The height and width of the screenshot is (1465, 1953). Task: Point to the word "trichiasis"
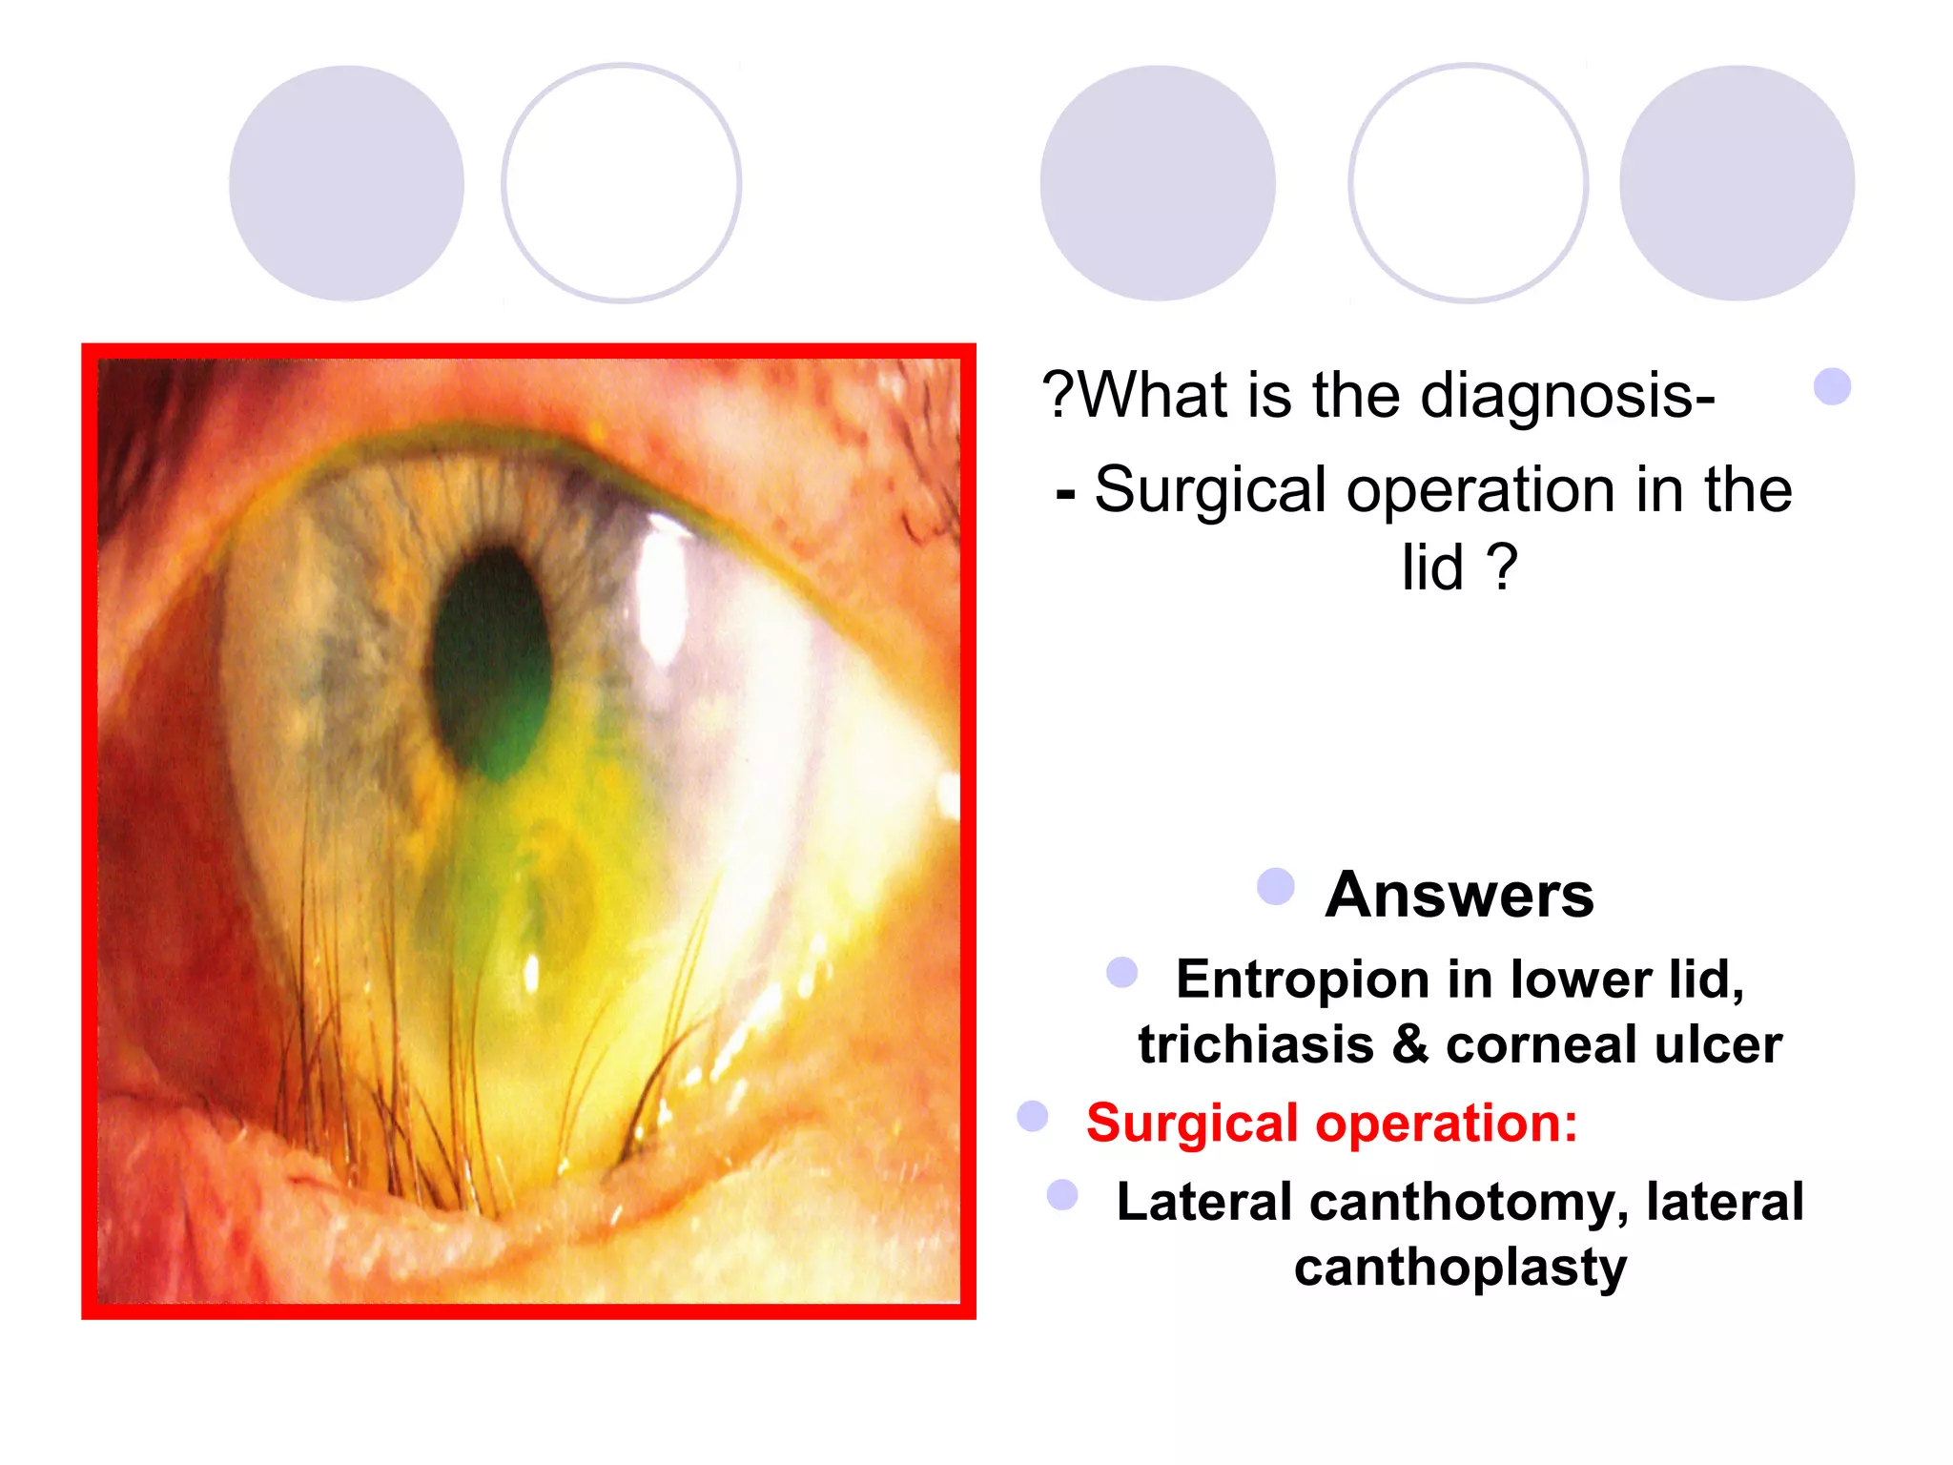pos(1255,1044)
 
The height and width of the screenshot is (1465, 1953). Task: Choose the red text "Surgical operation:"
pos(1331,1123)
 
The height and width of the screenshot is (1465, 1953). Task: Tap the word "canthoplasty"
pos(1460,1268)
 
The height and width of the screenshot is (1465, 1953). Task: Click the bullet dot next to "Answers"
pos(1276,886)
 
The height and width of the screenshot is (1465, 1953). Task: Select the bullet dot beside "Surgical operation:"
pos(1033,1116)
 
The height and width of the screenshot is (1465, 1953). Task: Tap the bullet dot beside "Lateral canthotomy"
pos(1062,1194)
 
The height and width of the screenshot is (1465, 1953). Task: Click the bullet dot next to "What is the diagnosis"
pos(1832,386)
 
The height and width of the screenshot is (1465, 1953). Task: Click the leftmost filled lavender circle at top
pos(347,183)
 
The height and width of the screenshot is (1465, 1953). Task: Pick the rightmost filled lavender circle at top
pos(1737,183)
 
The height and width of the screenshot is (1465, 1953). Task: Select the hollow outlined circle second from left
pos(622,183)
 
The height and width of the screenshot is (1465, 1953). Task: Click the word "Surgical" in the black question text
pos(1210,490)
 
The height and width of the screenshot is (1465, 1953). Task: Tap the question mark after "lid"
pos(1502,568)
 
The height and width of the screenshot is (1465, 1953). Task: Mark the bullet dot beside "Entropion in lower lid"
pos(1121,972)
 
